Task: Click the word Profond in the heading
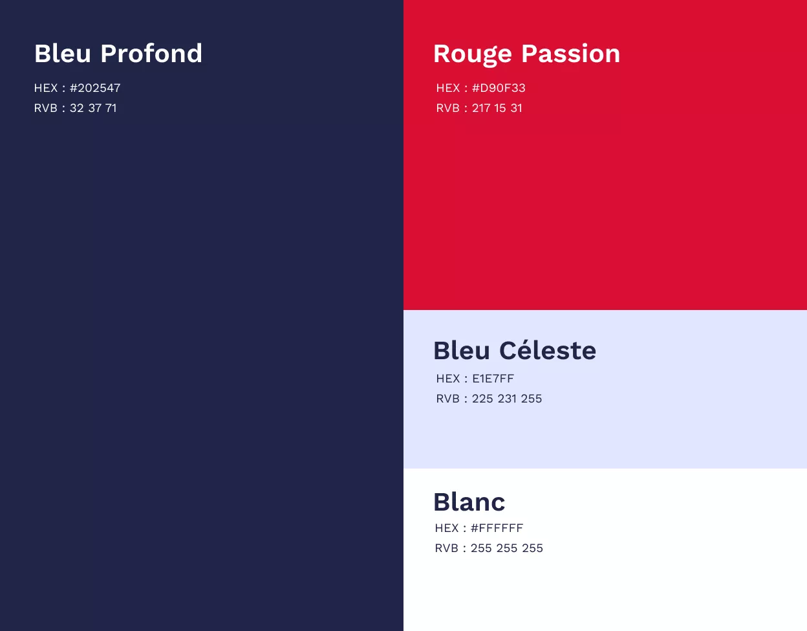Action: click(x=151, y=54)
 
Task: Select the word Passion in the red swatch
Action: click(x=571, y=54)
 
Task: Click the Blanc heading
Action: click(x=469, y=502)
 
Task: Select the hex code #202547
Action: click(x=95, y=88)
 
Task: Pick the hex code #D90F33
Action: click(x=499, y=88)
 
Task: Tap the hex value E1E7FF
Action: click(x=493, y=379)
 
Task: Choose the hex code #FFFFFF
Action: click(x=497, y=528)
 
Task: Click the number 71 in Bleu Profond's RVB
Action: click(x=111, y=108)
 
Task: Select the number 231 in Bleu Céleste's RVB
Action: click(x=507, y=399)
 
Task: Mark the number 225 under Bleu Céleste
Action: click(x=482, y=399)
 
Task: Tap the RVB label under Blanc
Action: click(x=447, y=548)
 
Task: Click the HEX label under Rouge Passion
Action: click(x=448, y=88)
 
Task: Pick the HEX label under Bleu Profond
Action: click(x=46, y=88)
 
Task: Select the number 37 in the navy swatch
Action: click(x=94, y=108)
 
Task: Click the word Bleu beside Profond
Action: click(x=62, y=54)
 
